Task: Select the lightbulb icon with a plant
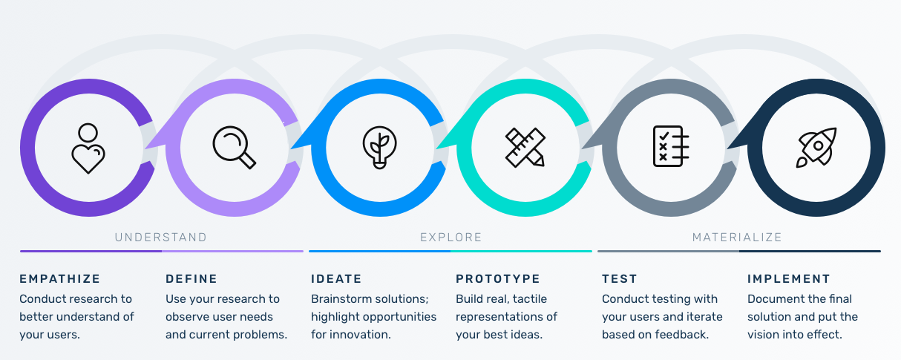coord(379,147)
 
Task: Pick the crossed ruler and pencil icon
coord(525,147)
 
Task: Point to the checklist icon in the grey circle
coord(671,146)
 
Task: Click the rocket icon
coord(816,147)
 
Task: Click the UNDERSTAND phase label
coord(161,238)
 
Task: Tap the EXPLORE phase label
coord(451,238)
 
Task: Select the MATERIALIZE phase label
coord(737,238)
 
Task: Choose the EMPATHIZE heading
coord(60,279)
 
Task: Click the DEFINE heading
coord(191,279)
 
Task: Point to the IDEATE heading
coord(336,279)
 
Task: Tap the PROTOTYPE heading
coord(498,279)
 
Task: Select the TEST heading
coord(620,279)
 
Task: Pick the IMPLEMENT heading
coord(789,279)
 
